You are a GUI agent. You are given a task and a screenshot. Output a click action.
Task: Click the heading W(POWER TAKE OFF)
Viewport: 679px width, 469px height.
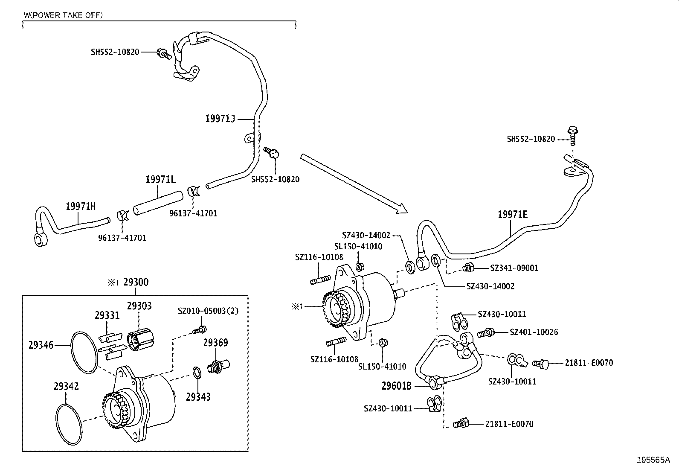coord(63,15)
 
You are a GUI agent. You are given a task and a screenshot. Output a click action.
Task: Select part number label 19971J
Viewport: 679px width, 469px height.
coord(220,119)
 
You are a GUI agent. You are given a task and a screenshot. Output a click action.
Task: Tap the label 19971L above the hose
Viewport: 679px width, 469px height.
coord(160,180)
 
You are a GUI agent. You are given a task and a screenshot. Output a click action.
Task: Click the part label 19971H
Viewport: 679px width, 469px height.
coord(81,207)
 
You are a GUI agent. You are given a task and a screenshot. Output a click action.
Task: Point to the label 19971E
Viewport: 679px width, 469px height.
coord(512,215)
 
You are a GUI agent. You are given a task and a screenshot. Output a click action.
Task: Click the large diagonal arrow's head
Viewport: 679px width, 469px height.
coord(403,210)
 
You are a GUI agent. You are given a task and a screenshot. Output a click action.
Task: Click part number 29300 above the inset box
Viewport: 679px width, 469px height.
coord(136,283)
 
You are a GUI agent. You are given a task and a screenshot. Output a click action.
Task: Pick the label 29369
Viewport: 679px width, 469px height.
coord(215,343)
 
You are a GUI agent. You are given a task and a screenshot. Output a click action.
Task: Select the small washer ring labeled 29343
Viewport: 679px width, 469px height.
coord(197,373)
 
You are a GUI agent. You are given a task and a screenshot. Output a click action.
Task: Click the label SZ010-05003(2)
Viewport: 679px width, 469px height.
coord(208,311)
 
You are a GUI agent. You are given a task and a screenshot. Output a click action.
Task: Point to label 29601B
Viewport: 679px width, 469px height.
coord(396,386)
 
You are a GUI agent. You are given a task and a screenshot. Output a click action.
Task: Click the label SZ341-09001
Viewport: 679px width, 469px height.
coord(514,268)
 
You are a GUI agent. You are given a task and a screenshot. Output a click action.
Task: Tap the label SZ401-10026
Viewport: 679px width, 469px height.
coord(534,332)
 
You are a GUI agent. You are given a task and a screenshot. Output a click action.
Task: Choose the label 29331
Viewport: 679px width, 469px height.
coord(107,315)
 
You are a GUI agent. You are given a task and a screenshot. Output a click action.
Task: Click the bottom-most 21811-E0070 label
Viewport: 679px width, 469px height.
coord(509,424)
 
